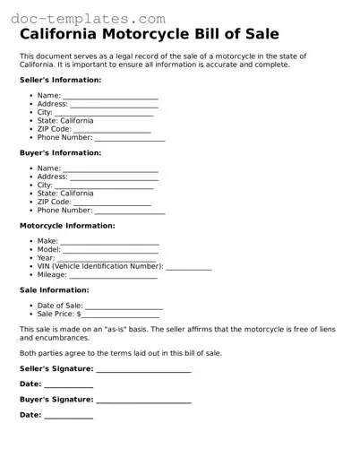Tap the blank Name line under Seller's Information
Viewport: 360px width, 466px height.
(x=110, y=97)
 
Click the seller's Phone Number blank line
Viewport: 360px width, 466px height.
(x=130, y=139)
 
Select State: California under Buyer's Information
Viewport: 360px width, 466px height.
(x=64, y=193)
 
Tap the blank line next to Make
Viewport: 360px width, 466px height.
(x=109, y=243)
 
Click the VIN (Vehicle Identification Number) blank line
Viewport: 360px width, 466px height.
(x=189, y=268)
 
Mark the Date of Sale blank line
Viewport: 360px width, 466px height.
(x=124, y=307)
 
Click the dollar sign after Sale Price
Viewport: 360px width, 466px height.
(x=79, y=315)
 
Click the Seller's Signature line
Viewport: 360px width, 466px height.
(x=143, y=369)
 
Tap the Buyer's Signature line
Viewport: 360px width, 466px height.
(x=143, y=400)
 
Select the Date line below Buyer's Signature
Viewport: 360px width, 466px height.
(x=68, y=416)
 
